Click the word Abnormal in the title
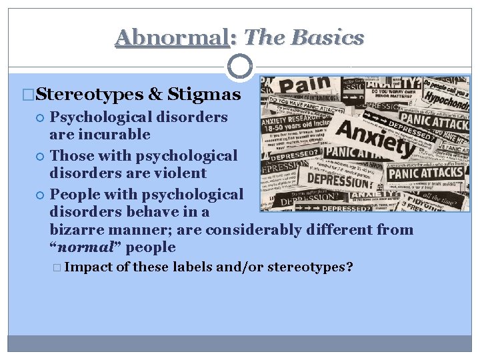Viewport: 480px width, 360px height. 171,37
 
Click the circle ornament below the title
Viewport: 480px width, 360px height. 239,67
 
